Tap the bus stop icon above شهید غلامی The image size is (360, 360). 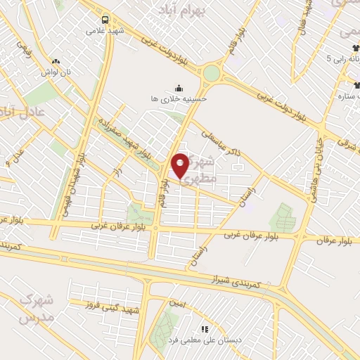coord(105,20)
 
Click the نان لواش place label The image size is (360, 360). coord(56,72)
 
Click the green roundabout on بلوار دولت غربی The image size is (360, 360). coord(211,73)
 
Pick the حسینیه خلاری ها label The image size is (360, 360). coord(179,100)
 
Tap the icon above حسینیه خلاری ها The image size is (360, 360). coord(179,89)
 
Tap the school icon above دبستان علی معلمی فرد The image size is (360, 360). coord(205,328)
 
